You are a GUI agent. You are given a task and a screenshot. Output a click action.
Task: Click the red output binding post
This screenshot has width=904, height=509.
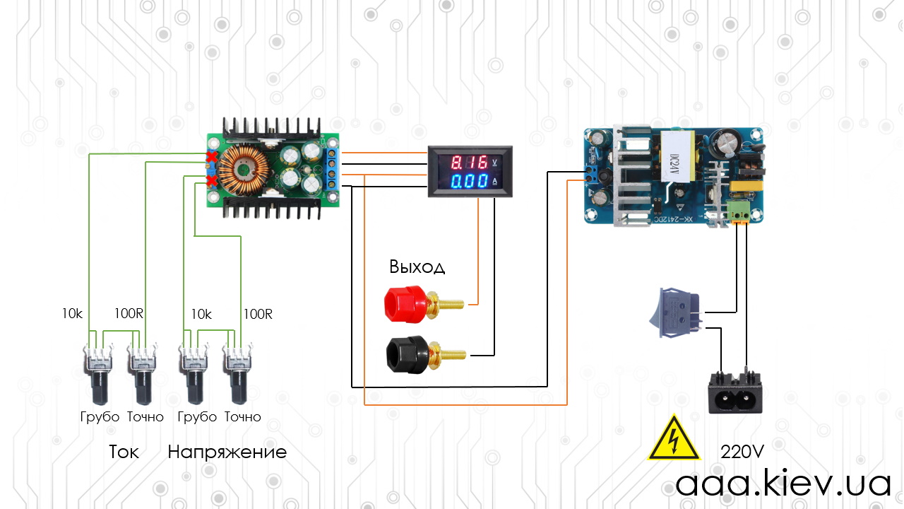(x=424, y=304)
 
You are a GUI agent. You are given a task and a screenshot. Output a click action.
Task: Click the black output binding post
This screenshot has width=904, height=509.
(x=426, y=354)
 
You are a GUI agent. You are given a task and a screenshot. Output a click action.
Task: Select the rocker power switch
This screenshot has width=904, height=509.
(x=676, y=312)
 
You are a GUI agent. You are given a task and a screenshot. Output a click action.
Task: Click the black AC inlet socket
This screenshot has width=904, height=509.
(x=735, y=392)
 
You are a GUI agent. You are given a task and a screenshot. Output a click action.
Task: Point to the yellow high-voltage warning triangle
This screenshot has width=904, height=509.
(x=674, y=438)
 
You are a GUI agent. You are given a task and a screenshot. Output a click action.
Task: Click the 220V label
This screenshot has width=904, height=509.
(x=742, y=452)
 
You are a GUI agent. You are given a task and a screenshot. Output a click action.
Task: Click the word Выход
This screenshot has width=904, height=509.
(x=417, y=267)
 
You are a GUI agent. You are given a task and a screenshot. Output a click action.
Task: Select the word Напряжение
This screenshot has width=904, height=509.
(x=227, y=452)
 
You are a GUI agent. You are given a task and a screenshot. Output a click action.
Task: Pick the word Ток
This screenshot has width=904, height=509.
(x=124, y=452)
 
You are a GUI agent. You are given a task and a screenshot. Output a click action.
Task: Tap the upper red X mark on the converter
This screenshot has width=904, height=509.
(x=211, y=157)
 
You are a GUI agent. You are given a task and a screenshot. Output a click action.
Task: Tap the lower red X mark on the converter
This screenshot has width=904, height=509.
(x=211, y=180)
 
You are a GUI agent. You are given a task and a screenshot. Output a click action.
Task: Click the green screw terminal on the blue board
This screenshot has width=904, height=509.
(x=739, y=210)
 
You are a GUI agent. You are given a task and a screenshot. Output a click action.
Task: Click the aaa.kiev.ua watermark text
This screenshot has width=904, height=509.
(x=783, y=483)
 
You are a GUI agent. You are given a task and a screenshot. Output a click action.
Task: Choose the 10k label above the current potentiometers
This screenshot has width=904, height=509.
(x=72, y=313)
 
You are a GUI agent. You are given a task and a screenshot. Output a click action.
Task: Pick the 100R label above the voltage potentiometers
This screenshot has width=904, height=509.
(x=258, y=314)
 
